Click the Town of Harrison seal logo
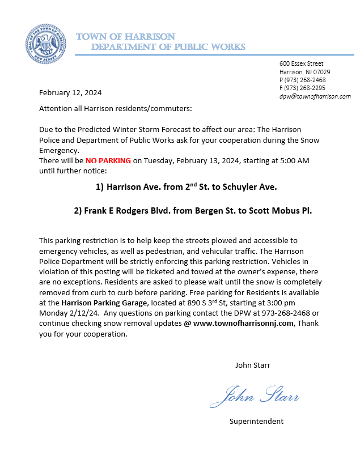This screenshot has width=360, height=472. tap(45, 44)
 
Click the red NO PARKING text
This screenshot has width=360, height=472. tap(109, 161)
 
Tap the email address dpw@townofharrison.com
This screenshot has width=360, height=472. tap(315, 96)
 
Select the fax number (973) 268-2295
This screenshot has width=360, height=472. tap(305, 88)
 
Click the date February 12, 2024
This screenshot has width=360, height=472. tap(70, 92)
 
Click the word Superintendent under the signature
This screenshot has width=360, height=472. tap(256, 421)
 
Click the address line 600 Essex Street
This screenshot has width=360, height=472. tap(302, 64)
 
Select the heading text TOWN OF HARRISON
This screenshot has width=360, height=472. tap(125, 37)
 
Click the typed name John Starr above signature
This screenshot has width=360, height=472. tap(253, 365)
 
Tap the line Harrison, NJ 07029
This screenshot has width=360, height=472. tap(305, 72)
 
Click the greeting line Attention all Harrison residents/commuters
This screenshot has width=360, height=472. tap(115, 108)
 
